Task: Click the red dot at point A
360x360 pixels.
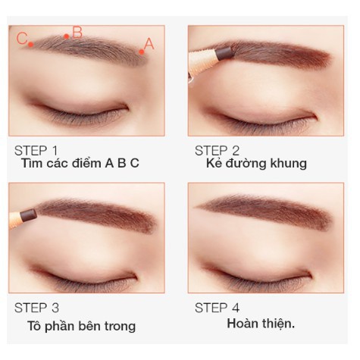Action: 142,52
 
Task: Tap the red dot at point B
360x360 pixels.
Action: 67,36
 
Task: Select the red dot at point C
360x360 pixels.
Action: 31,45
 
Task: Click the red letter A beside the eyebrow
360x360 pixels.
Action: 149,44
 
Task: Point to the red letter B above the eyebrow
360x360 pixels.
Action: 77,33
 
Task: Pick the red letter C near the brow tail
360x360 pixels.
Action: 22,39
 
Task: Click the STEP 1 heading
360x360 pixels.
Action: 36,151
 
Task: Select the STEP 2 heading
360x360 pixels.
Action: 217,151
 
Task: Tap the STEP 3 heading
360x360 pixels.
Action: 37,308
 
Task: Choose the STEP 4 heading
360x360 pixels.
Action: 217,308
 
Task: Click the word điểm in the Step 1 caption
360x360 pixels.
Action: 87,163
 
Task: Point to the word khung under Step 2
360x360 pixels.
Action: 289,164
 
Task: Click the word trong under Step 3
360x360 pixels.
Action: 120,327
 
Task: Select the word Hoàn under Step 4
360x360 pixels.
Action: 242,324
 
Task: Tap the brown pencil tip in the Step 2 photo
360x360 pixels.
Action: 224,53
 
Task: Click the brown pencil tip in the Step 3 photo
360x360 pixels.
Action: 28,216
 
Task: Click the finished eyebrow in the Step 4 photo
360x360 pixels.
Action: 264,209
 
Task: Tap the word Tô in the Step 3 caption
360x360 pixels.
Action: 34,326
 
